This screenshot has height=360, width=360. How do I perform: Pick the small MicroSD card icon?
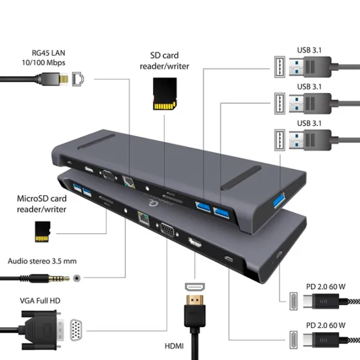(42, 231)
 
